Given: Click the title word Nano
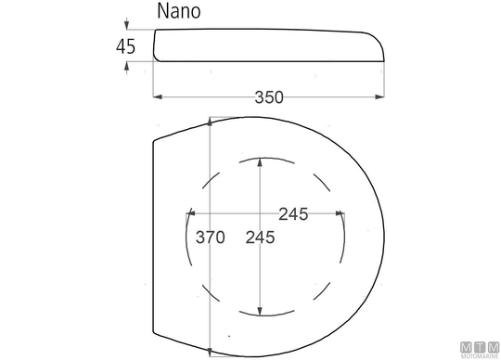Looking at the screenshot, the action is (x=179, y=11).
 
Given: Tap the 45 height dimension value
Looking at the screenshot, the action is (x=125, y=46).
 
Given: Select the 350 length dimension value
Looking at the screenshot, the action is (x=269, y=97).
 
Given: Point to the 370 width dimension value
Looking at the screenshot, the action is (x=211, y=238).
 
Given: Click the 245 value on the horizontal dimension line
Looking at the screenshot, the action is (x=293, y=214).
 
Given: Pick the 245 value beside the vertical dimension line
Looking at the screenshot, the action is (x=260, y=238).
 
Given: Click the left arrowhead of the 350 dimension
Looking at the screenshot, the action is (x=158, y=96).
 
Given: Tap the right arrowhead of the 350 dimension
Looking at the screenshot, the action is (x=379, y=96).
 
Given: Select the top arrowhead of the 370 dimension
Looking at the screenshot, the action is (x=210, y=122).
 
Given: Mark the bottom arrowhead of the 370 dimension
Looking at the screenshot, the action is (x=210, y=352).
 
